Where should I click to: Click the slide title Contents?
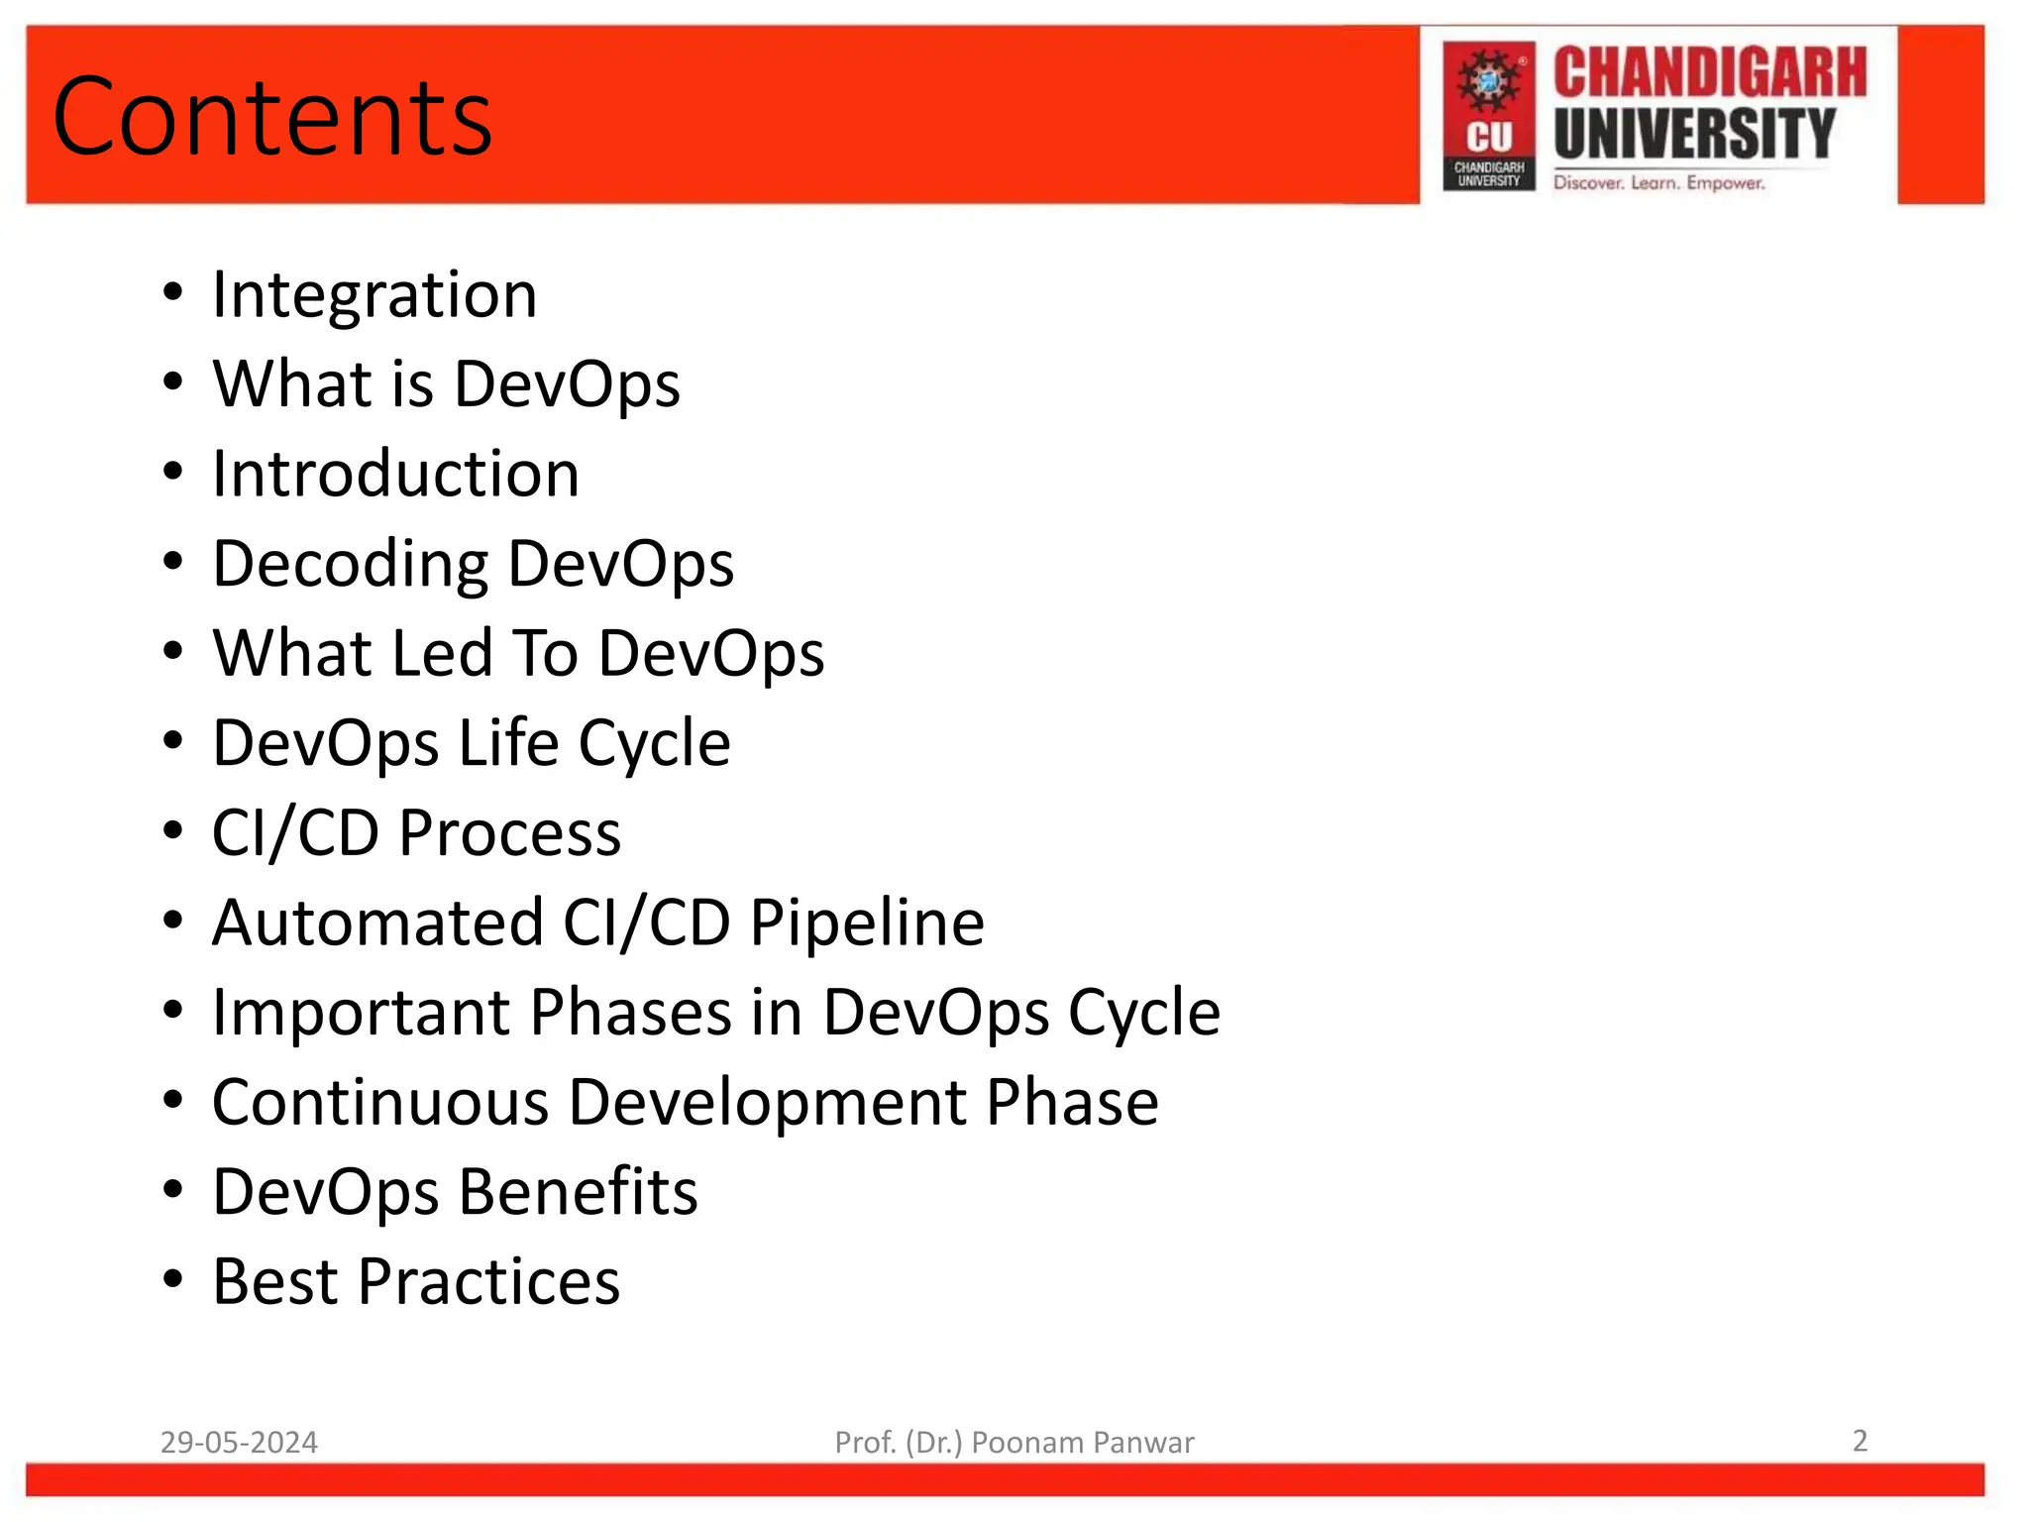(272, 117)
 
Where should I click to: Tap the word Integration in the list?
(374, 294)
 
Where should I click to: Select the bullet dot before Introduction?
(173, 473)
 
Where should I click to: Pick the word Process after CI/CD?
(509, 832)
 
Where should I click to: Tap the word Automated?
(377, 923)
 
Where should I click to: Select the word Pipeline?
(867, 923)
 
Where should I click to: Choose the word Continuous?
(380, 1102)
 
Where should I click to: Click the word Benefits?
(578, 1191)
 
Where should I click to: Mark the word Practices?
(488, 1281)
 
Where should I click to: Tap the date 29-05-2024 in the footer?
(239, 1442)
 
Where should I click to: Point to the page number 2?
(1860, 1440)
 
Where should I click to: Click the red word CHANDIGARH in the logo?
(1709, 73)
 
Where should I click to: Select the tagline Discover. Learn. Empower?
(1658, 183)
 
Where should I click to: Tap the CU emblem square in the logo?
(1488, 115)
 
